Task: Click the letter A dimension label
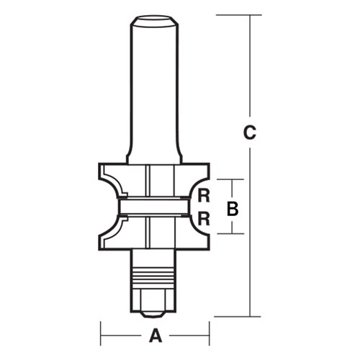point(153,335)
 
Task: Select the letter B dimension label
point(232,210)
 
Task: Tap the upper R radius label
point(204,194)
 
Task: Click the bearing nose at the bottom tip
point(153,308)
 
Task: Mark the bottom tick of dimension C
point(250,316)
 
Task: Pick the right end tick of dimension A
point(209,335)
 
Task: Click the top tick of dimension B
point(232,179)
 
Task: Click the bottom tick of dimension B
point(232,233)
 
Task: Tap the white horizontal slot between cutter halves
point(153,207)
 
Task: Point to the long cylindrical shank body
point(153,86)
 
